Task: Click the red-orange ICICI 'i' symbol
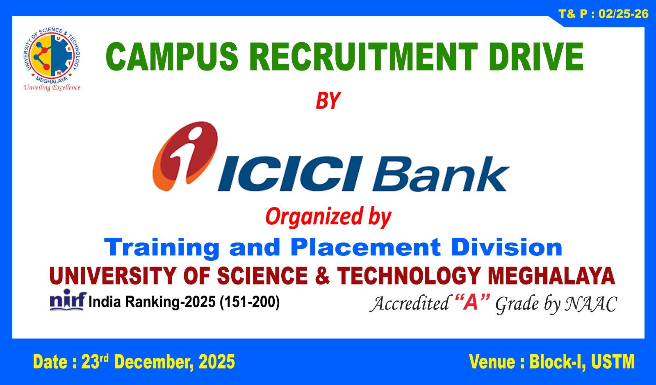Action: coord(186,155)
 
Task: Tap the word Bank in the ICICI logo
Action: coord(441,174)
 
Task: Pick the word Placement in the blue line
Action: coord(365,247)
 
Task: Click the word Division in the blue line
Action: coord(507,247)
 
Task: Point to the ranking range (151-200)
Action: coord(250,302)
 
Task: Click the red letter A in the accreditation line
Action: coord(472,303)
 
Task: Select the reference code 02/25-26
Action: coord(623,14)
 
